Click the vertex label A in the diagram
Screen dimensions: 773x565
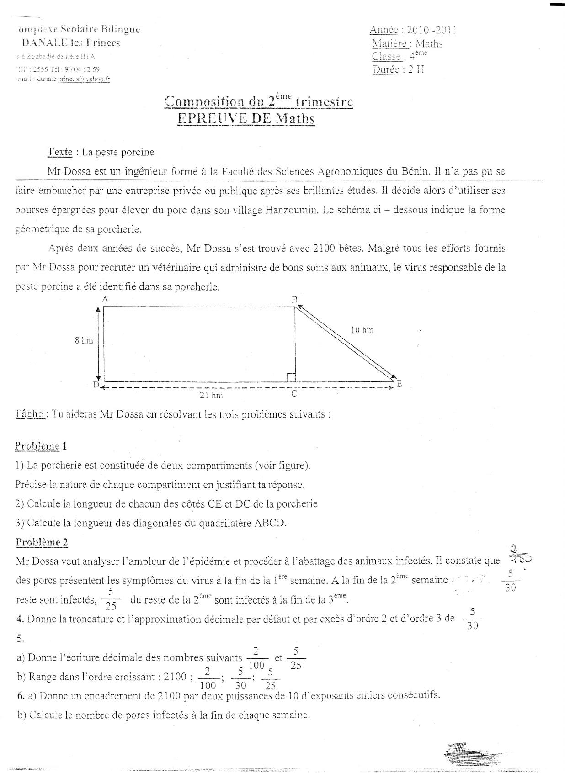coord(105,300)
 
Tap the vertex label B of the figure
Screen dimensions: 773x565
coord(295,300)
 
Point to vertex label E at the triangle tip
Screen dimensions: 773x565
coord(399,383)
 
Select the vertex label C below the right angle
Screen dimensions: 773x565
coord(294,394)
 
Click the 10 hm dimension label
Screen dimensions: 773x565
coord(362,330)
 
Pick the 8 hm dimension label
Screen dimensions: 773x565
coord(84,340)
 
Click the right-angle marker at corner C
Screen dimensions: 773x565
coord(291,377)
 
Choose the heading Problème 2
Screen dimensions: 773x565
coord(42,542)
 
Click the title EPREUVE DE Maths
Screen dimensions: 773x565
coord(246,119)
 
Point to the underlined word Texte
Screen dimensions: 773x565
coord(60,152)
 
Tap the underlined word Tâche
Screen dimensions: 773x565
coord(30,414)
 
